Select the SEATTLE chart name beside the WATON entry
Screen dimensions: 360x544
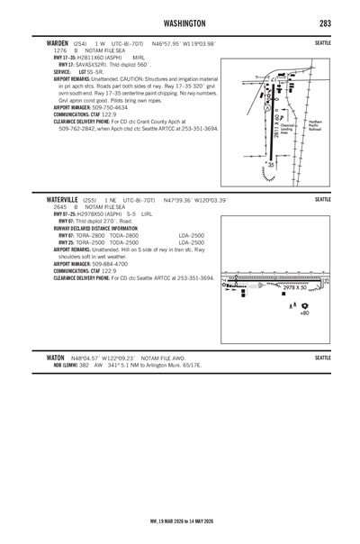click(323, 358)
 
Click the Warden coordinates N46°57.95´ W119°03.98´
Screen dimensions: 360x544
click(184, 42)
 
